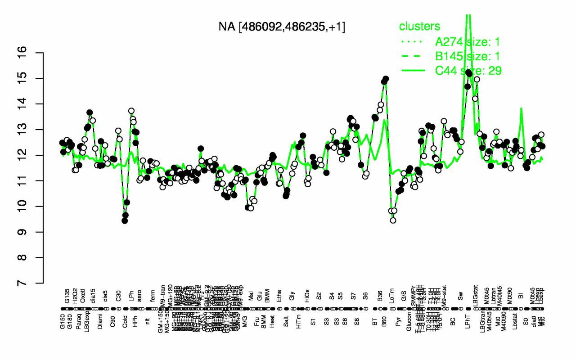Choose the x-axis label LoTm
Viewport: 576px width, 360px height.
[x=392, y=299]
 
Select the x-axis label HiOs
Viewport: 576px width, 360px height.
[x=308, y=299]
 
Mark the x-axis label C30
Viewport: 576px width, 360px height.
[x=118, y=297]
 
